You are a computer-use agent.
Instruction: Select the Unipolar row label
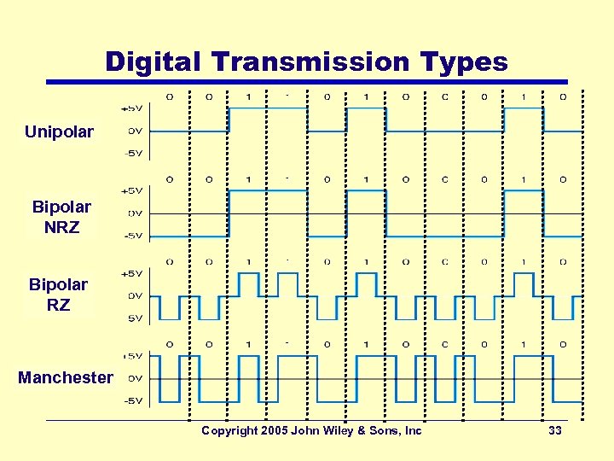(59, 131)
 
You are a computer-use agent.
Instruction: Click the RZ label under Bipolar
(58, 305)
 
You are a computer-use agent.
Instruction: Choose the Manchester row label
(65, 377)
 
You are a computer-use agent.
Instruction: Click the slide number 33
(555, 431)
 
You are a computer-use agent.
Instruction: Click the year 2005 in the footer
(275, 431)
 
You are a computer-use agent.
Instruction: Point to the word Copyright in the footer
(229, 431)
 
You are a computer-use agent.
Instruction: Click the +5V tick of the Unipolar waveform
(133, 108)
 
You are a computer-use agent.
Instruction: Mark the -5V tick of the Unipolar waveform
(134, 154)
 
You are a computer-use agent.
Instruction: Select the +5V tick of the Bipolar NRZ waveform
(133, 190)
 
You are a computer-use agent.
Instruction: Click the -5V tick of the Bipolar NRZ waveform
(134, 236)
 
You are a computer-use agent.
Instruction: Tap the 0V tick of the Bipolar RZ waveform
(135, 295)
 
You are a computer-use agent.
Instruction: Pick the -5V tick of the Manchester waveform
(134, 400)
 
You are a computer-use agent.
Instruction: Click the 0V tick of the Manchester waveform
(135, 378)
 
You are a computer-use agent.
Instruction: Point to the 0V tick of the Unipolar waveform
(135, 131)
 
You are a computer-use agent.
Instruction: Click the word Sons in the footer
(387, 431)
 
